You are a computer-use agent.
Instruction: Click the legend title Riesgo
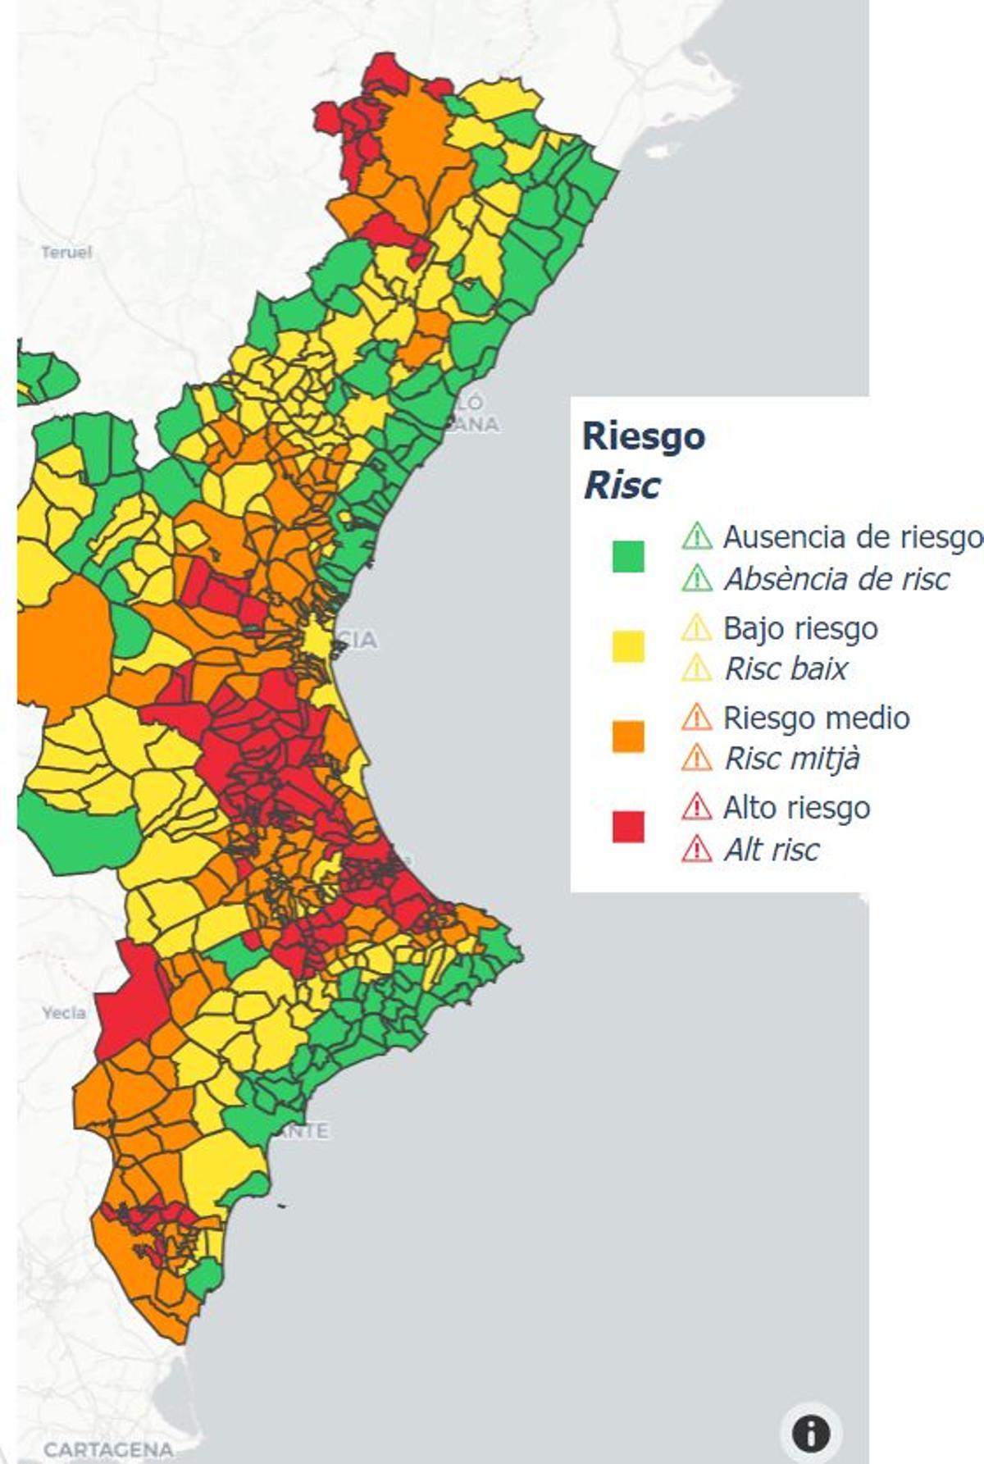643,436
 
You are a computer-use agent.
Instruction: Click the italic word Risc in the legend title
621,486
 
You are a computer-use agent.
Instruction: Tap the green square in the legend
628,556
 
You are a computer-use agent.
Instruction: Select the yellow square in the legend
628,646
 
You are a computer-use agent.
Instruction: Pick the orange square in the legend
628,736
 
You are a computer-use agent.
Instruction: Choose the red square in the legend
628,826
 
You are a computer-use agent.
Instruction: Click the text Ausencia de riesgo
851,537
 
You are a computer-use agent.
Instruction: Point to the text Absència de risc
836,579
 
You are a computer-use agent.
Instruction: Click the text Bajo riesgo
800,628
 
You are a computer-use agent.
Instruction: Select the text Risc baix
786,668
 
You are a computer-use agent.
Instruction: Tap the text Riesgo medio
816,718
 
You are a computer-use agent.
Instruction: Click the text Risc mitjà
791,759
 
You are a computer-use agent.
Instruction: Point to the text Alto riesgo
796,808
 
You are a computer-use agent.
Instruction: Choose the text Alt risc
771,850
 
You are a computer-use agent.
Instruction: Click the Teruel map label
66,252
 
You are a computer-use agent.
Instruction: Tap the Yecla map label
64,1013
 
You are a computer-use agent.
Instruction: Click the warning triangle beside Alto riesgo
696,807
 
